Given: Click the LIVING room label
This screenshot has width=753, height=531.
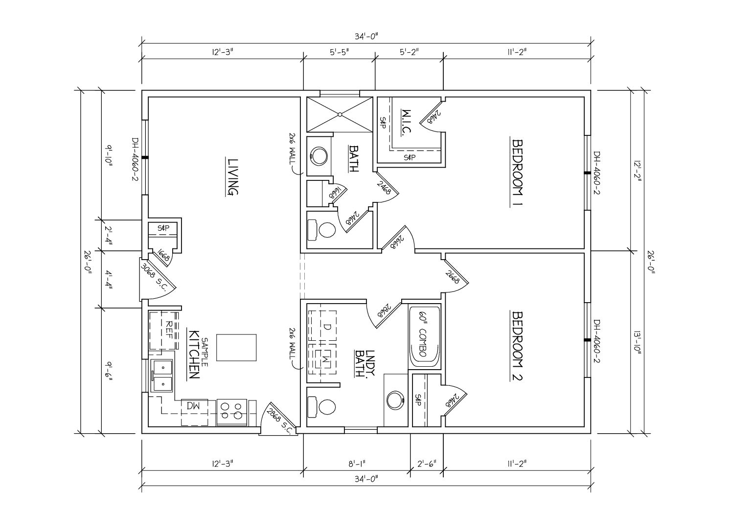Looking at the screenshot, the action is [x=232, y=177].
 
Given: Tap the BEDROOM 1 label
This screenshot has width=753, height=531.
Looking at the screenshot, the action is [x=517, y=173].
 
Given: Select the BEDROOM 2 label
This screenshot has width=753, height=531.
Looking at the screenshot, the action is [x=517, y=346].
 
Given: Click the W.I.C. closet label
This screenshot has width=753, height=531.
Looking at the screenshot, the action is [x=407, y=122].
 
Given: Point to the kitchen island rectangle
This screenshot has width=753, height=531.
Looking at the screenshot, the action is [x=236, y=348].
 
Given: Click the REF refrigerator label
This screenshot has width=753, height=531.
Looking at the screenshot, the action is [x=169, y=330].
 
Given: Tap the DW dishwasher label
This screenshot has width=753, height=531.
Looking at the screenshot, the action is [x=193, y=406].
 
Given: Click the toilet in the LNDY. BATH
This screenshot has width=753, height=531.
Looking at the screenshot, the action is [x=322, y=407].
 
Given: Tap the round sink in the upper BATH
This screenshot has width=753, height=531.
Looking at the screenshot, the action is [x=319, y=156].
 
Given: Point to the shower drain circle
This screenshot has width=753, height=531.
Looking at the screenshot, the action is [x=340, y=114].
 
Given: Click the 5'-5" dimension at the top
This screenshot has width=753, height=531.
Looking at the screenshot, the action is [x=339, y=52].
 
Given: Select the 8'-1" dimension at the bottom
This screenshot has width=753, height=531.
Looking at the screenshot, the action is [x=357, y=464].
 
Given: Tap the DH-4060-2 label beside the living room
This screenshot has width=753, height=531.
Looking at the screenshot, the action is [x=135, y=159].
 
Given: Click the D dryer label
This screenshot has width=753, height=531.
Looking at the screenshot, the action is [x=328, y=327].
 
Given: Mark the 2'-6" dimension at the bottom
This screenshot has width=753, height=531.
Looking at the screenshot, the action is [x=427, y=464].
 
